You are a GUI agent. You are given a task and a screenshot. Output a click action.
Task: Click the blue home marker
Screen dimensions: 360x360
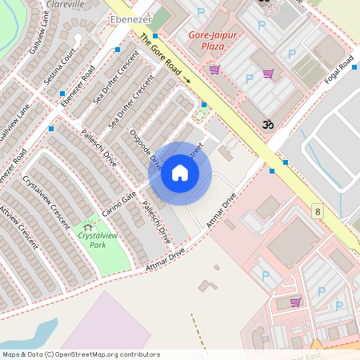tap(180, 173)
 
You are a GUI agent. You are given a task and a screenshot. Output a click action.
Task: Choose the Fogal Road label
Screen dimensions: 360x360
tap(339, 71)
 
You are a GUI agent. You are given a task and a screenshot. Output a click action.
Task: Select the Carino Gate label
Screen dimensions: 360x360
tap(119, 205)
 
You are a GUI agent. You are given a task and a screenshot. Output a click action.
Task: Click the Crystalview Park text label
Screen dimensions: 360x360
tap(92, 241)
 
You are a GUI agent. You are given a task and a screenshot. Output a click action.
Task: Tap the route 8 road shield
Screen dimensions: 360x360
tap(318, 212)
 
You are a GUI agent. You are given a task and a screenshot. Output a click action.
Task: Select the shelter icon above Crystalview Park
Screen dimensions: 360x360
tap(87, 228)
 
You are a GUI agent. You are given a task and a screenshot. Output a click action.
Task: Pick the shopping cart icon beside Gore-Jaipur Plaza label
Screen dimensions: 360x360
tap(214, 70)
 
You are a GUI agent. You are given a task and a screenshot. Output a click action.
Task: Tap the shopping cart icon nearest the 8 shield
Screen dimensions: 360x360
tap(295, 302)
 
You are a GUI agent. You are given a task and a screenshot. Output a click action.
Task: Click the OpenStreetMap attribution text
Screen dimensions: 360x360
tap(81, 354)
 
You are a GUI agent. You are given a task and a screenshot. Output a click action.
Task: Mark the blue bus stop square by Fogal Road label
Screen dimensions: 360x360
tap(286, 162)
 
